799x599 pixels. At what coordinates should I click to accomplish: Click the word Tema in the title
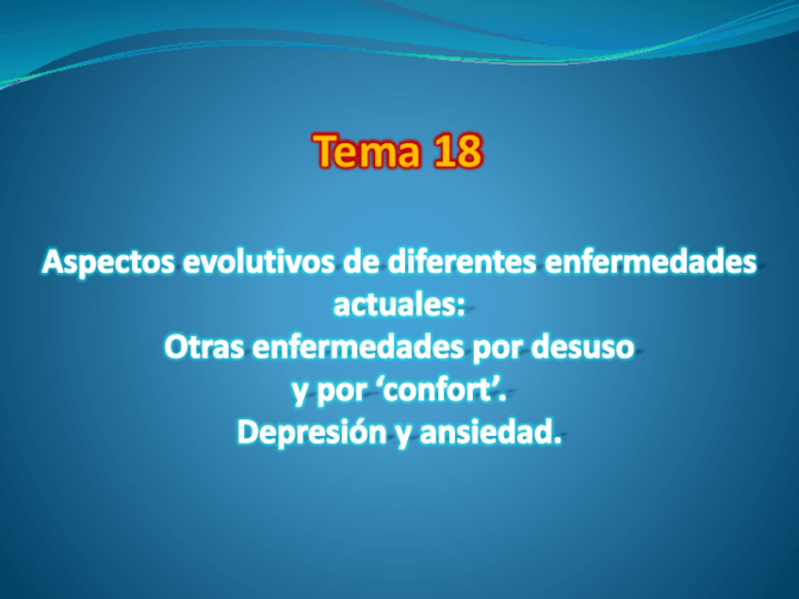[367, 151]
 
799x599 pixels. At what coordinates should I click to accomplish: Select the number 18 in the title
[457, 151]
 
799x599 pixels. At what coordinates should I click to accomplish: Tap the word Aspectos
[107, 264]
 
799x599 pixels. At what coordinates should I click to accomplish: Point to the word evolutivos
[258, 262]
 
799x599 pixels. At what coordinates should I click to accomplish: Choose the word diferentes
[462, 262]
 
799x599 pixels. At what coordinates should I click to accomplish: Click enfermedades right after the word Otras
[358, 348]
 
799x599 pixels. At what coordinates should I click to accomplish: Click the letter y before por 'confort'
[301, 394]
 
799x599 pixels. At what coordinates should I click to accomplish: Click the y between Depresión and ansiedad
[403, 436]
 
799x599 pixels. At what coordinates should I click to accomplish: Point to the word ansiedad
[485, 432]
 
